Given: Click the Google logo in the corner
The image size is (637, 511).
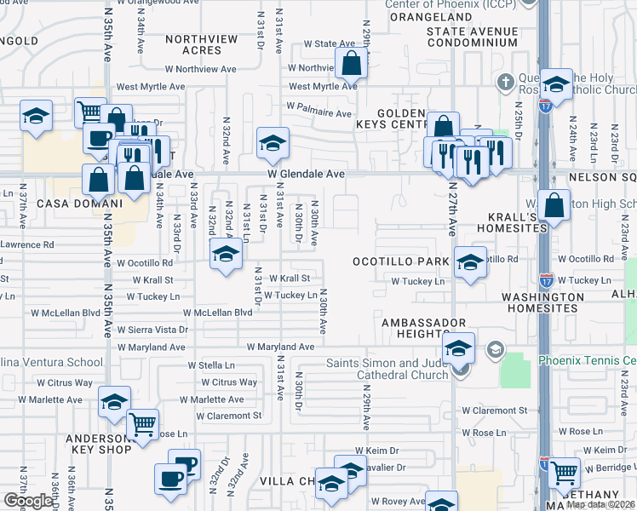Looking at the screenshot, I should [29, 500].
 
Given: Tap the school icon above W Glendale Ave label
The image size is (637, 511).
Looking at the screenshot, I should [273, 145].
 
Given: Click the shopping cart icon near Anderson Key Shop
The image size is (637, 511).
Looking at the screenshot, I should [143, 423].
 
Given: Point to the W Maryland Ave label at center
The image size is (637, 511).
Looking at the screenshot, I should [281, 347].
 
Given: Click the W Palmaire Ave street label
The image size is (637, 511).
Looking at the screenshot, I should [318, 112].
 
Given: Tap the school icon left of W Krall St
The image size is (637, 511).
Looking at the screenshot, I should [225, 255].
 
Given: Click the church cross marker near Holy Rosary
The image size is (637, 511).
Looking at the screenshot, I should [504, 83].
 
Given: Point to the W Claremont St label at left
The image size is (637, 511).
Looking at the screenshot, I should [228, 416].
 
